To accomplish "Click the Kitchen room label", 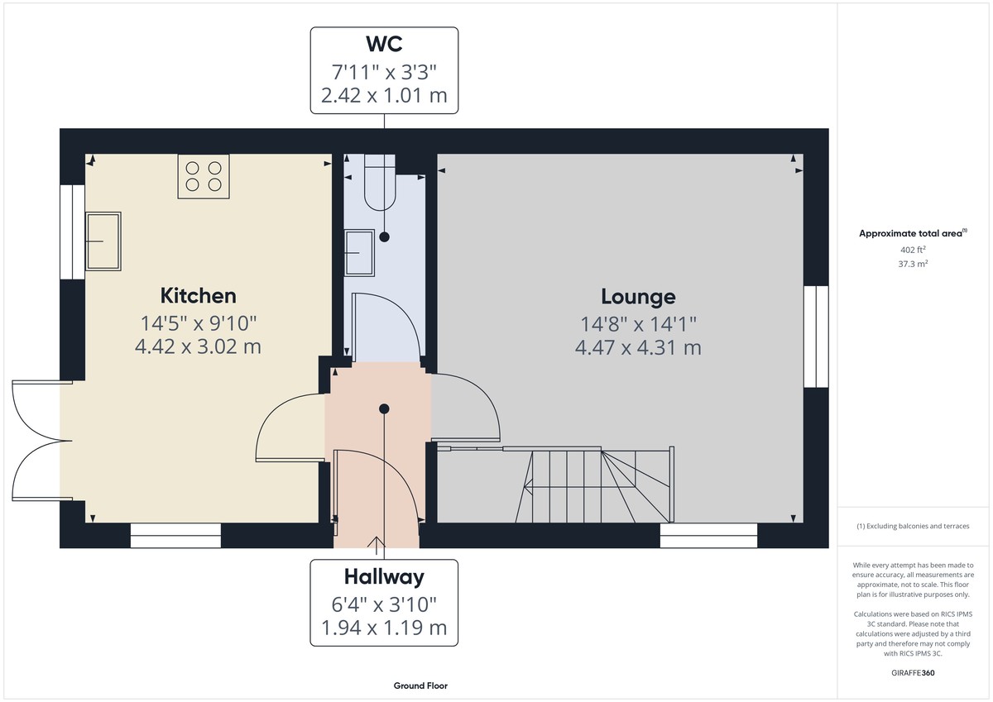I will (198, 295).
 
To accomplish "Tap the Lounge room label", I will (638, 296).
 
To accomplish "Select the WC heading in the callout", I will (383, 42).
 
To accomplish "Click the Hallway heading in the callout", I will (383, 576).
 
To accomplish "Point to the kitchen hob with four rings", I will (204, 176).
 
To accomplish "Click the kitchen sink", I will (103, 241).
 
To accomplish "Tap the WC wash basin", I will (360, 251).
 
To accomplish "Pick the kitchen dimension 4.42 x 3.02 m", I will (198, 346).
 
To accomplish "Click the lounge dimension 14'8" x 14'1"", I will (638, 323).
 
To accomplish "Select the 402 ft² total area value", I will (913, 250).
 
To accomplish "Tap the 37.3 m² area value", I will (914, 263).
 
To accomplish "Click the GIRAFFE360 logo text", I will (914, 673).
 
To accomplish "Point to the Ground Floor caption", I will (420, 685).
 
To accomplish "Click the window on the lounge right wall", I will (816, 337).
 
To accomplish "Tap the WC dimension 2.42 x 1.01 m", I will (383, 95).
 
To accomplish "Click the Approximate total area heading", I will (913, 234).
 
